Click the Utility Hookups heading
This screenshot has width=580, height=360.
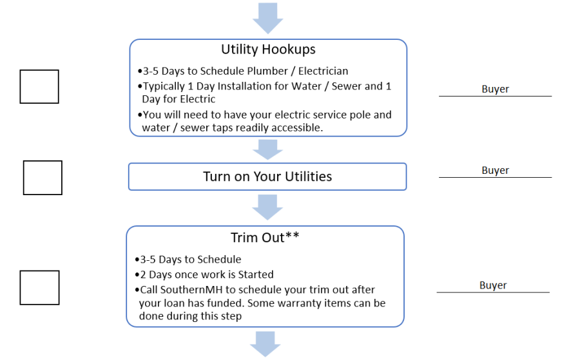coord(268,50)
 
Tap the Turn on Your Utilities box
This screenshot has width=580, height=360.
coord(267,176)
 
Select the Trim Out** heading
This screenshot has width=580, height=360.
coord(265,238)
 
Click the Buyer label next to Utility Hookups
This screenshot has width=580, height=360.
coord(496,89)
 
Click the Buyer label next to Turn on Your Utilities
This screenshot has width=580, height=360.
coord(496,171)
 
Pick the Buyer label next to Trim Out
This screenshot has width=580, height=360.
coord(493,285)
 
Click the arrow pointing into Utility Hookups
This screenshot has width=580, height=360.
coord(268,18)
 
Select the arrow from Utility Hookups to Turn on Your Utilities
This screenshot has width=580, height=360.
coord(268,149)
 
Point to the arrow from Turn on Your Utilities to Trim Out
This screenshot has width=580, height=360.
coord(267,207)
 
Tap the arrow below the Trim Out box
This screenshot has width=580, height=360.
coord(266,344)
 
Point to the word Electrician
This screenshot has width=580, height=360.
coord(324,71)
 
